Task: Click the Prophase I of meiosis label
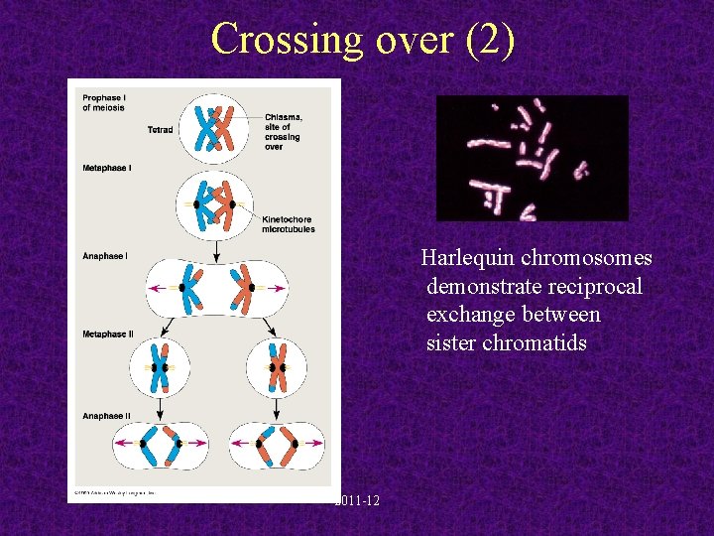tap(103, 102)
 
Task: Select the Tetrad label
tap(160, 129)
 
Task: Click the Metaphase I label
tap(107, 168)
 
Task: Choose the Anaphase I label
tap(105, 256)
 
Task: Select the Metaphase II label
tap(108, 335)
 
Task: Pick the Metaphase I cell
tap(215, 203)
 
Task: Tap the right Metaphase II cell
tap(277, 366)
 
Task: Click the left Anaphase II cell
tap(162, 446)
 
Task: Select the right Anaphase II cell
tap(277, 446)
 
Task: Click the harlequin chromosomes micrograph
tap(532, 158)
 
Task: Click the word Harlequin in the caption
tap(464, 259)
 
